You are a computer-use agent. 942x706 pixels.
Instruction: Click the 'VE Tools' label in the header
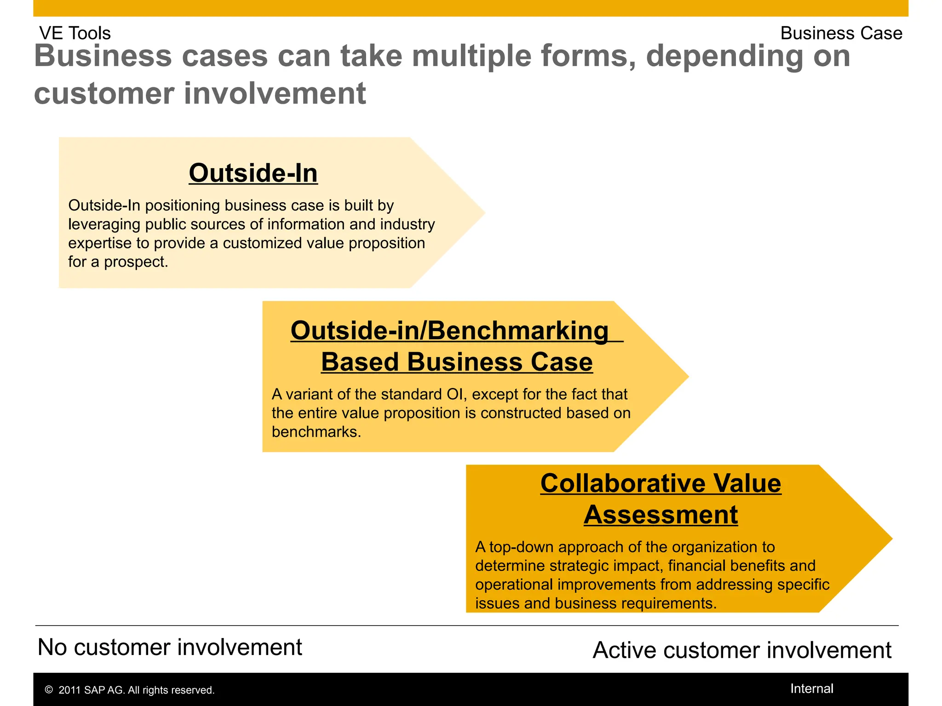pyautogui.click(x=75, y=33)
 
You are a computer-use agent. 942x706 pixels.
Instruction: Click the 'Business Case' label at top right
pyautogui.click(x=841, y=33)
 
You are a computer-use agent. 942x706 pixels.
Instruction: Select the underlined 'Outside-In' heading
pyautogui.click(x=253, y=173)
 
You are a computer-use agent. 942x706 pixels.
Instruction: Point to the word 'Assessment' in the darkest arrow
pyautogui.click(x=661, y=514)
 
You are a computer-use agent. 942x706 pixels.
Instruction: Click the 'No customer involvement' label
pyautogui.click(x=170, y=647)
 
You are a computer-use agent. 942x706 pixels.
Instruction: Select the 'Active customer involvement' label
pyautogui.click(x=741, y=650)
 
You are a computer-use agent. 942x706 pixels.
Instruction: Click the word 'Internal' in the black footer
pyautogui.click(x=811, y=689)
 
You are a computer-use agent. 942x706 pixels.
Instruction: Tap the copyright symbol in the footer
pyautogui.click(x=49, y=690)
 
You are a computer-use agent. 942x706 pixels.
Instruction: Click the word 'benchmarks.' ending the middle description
pyautogui.click(x=316, y=432)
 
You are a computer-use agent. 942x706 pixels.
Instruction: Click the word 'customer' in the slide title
pyautogui.click(x=104, y=94)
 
